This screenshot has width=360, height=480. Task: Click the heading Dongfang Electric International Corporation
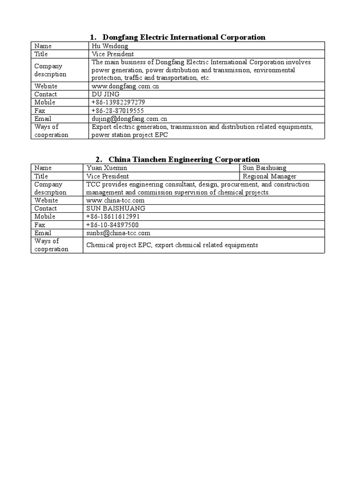coord(184,37)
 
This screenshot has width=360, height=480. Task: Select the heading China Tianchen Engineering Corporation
coord(184,159)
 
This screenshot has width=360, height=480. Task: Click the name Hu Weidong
coord(110,46)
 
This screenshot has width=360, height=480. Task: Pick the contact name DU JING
coord(105,94)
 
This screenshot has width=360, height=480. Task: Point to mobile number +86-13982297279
coord(118,102)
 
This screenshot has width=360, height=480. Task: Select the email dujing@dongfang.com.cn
coord(129,119)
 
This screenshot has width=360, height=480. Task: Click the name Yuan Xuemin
coord(107,168)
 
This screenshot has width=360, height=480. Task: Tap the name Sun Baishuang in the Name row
coord(264,168)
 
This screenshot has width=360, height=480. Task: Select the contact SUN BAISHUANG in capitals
coord(116,208)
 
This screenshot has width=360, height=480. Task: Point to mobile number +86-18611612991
coord(113,217)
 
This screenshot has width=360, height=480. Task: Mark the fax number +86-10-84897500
coord(112,225)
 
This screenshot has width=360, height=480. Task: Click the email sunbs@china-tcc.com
coord(118,233)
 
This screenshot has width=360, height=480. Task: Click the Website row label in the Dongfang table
coord(46,86)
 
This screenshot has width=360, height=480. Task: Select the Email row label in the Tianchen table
coord(43,233)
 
